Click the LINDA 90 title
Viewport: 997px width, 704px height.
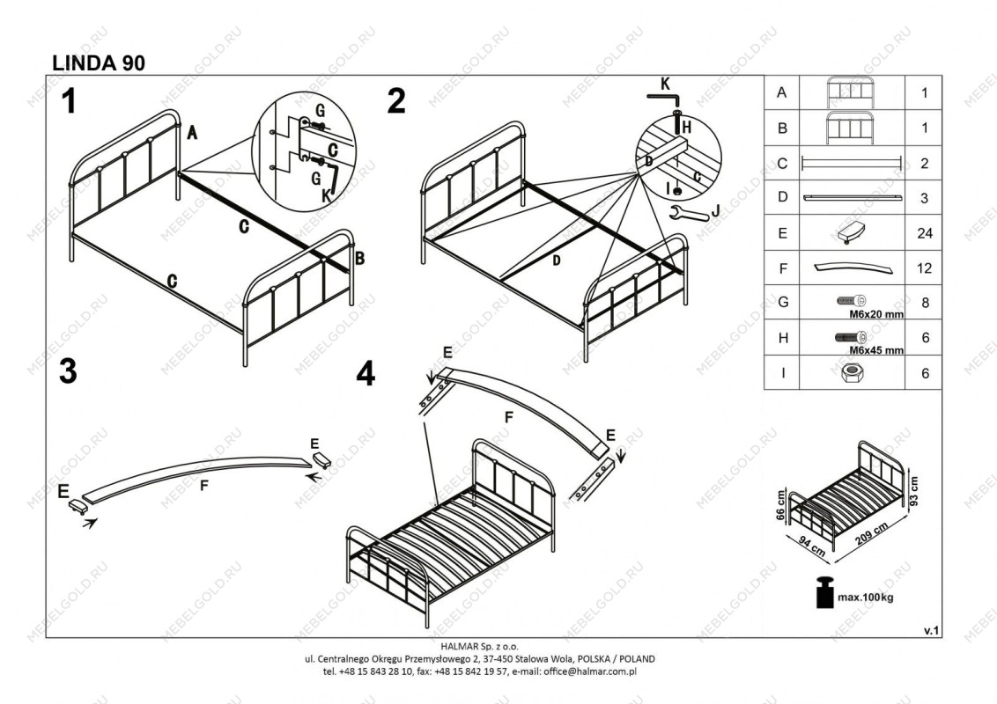click(99, 62)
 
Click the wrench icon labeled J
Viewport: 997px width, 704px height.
click(690, 214)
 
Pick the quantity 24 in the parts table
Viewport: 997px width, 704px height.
click(925, 233)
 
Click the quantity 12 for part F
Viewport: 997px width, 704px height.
click(925, 268)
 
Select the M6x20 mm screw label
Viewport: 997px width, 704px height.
click(877, 314)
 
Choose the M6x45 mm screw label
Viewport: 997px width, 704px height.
click(877, 350)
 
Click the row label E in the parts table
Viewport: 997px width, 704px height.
click(782, 233)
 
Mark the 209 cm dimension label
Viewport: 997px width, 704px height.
click(872, 533)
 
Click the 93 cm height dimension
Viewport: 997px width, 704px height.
click(914, 490)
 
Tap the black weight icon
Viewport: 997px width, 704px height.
click(824, 592)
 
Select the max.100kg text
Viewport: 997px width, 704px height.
click(866, 598)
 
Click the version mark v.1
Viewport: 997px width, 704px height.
click(931, 630)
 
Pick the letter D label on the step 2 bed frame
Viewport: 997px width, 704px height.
click(557, 260)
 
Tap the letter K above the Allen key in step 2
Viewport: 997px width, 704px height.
click(665, 84)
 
